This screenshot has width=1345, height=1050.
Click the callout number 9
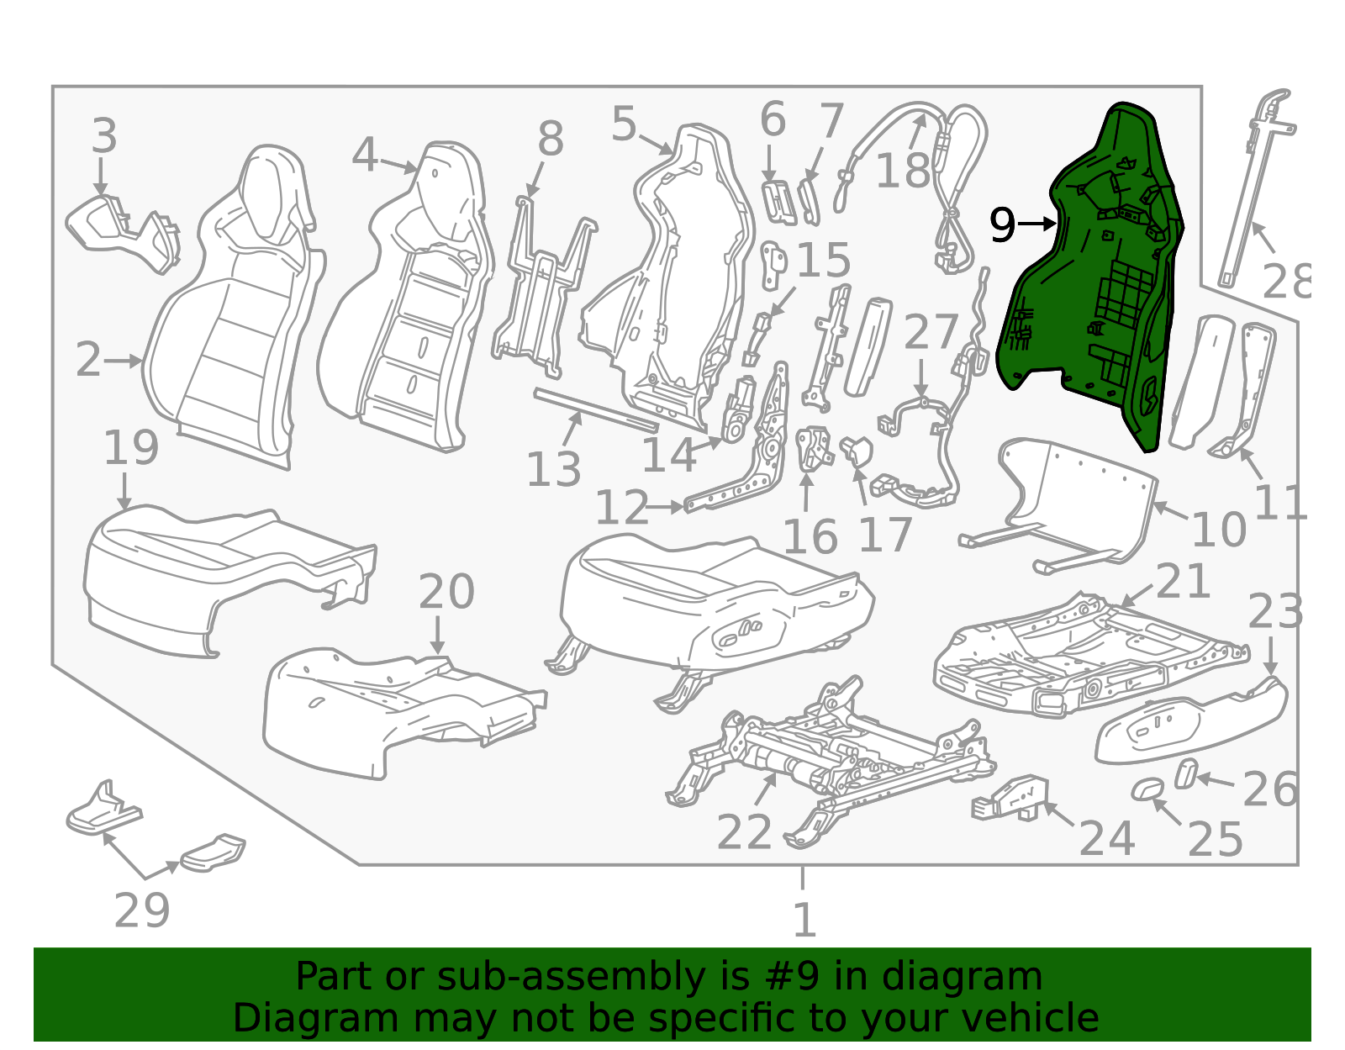coord(1002,224)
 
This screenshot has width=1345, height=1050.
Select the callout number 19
coord(131,447)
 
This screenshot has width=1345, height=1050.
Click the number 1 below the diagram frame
coord(804,920)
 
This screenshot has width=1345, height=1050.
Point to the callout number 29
coord(142,910)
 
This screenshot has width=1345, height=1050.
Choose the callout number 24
coord(1107,838)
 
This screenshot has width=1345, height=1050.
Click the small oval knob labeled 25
coord(1147,789)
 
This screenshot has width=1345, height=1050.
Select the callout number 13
coord(553,468)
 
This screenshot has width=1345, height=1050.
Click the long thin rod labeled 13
coord(596,409)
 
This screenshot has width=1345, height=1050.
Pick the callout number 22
coord(744,833)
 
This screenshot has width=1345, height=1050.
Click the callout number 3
coord(104,135)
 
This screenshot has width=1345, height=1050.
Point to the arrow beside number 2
coord(124,361)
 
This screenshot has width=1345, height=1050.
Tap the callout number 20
coord(446,592)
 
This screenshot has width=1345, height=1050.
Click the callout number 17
coord(885,535)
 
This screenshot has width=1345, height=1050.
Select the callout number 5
coord(624,124)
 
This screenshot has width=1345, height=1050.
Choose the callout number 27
coord(931,332)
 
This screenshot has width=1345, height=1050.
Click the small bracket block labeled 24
coord(1010,798)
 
